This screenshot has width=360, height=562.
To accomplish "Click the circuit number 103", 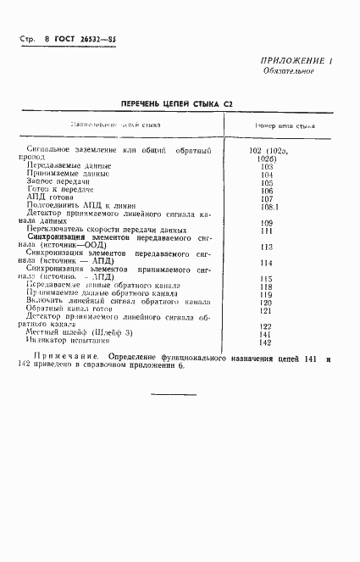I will [267, 167].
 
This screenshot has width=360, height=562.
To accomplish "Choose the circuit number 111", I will [267, 230].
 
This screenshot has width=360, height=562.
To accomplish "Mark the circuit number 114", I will [267, 263].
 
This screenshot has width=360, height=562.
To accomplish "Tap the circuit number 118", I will [267, 287].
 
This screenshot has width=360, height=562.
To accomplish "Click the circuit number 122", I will [267, 326].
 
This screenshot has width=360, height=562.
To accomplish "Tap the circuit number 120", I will [267, 303].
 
